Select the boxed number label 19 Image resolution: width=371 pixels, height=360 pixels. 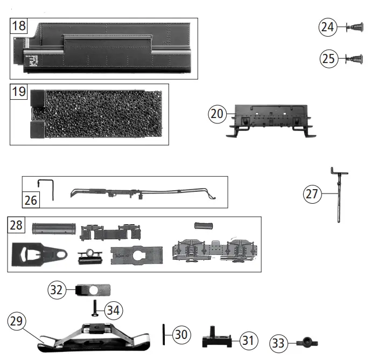pyautogui.click(x=19, y=92)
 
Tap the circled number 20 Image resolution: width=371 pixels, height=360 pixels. pyautogui.click(x=216, y=114)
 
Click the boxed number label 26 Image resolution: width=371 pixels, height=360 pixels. pyautogui.click(x=31, y=200)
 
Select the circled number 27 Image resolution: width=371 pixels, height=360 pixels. pyautogui.click(x=312, y=194)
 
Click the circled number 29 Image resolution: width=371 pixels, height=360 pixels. pyautogui.click(x=16, y=321)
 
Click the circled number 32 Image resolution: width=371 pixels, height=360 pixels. pyautogui.click(x=57, y=289)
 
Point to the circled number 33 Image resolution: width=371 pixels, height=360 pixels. pyautogui.click(x=278, y=342)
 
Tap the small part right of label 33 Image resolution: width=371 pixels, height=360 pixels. pyautogui.click(x=307, y=342)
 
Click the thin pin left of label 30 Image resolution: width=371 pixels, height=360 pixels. pyautogui.click(x=163, y=334)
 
